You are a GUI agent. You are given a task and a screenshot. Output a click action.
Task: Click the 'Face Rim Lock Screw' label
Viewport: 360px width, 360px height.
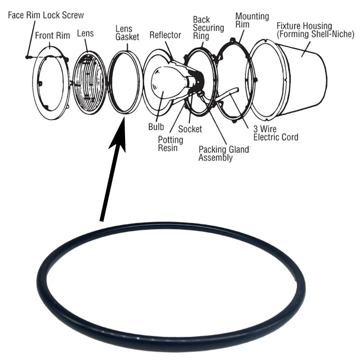pyautogui.click(x=46, y=15)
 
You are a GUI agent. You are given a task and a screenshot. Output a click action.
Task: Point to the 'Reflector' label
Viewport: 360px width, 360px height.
pyautogui.click(x=165, y=35)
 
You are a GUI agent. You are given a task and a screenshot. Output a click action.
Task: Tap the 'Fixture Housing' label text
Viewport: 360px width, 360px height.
pyautogui.click(x=310, y=26)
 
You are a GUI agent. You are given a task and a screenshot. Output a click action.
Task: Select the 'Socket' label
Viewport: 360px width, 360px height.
pyautogui.click(x=190, y=129)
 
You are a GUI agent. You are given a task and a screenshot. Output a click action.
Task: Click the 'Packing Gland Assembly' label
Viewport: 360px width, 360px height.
pyautogui.click(x=224, y=153)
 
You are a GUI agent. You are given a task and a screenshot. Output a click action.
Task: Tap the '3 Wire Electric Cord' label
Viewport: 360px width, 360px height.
pyautogui.click(x=276, y=133)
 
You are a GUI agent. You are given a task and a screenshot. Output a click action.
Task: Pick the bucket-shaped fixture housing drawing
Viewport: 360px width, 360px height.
pyautogui.click(x=301, y=79)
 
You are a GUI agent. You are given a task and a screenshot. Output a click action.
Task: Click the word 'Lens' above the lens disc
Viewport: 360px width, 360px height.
pyautogui.click(x=85, y=33)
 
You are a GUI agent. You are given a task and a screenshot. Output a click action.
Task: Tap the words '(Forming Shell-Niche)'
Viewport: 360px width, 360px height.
pyautogui.click(x=315, y=34)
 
